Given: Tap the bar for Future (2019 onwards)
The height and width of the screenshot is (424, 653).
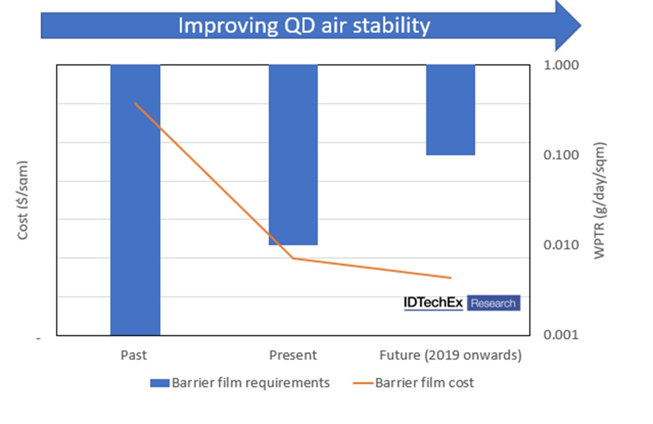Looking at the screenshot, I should (450, 110).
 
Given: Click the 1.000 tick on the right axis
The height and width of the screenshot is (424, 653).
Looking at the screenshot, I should (562, 65).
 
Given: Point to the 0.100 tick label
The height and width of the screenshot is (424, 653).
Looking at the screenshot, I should (562, 155).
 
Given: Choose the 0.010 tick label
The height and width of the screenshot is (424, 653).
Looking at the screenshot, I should (562, 245).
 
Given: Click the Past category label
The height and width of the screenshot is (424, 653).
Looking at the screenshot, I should (134, 355).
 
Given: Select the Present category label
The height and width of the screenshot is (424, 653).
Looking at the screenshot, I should (293, 355).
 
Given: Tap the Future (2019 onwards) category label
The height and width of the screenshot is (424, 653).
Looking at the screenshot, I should (450, 355).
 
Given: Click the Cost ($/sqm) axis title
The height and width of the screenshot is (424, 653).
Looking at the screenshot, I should (23, 199).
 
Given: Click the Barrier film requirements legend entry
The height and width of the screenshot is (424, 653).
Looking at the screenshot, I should (241, 384).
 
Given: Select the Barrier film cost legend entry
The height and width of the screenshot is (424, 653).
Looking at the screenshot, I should (413, 384).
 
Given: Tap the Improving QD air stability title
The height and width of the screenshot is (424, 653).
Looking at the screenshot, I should (304, 26).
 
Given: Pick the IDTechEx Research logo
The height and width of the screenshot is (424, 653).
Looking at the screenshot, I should (462, 303).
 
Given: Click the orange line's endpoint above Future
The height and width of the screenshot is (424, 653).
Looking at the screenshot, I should (451, 278).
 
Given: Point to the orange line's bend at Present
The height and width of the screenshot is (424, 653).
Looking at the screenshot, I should (293, 258).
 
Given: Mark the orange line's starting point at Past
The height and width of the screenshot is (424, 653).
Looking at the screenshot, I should (136, 103).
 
